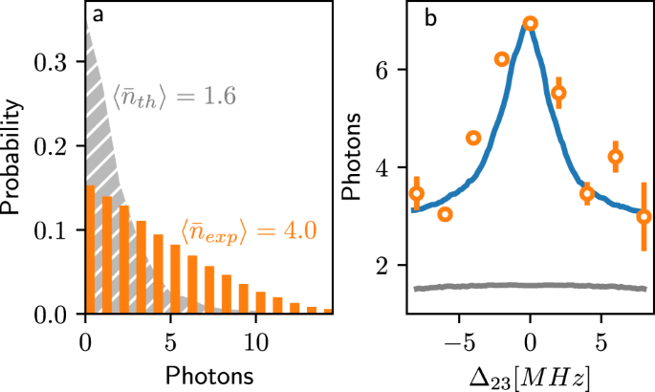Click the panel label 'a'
[98, 16]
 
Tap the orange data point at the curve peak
[531, 23]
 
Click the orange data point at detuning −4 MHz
[472, 138]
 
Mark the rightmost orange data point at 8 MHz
[644, 216]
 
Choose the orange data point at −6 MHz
[445, 213]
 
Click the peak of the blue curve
[530, 29]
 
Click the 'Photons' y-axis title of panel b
[353, 159]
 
